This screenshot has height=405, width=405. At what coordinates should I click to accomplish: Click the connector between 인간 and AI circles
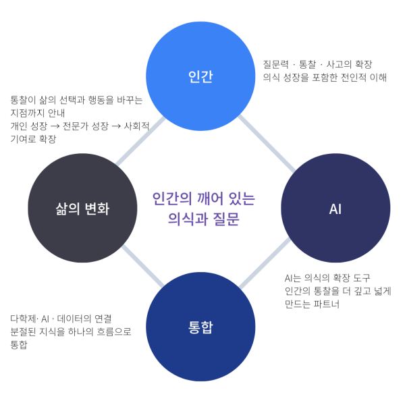coord(267,143)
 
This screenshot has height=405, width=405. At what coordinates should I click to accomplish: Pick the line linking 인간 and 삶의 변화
coord(140,141)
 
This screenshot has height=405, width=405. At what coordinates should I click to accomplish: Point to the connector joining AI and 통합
coord(264,264)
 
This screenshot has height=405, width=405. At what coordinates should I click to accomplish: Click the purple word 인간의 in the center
coord(168,199)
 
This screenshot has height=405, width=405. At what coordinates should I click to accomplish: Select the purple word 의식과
coord(185,219)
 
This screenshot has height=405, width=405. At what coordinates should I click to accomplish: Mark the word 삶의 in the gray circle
coord(66,209)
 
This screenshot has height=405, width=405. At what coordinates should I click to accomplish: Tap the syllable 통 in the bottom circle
coord(194,327)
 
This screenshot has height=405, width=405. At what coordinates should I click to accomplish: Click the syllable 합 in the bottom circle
coord(207,327)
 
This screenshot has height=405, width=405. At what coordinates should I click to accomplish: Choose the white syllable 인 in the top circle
coord(194,76)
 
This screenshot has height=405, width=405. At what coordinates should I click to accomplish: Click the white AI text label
coord(335,209)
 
